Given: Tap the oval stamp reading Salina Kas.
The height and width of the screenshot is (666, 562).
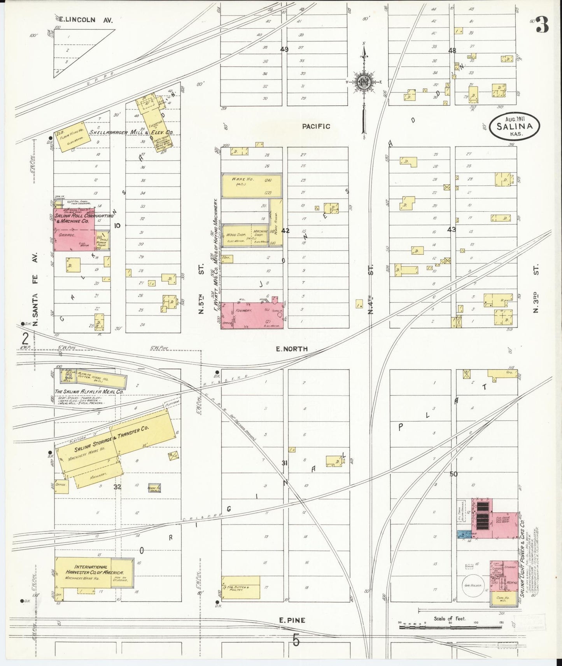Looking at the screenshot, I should pyautogui.click(x=515, y=127).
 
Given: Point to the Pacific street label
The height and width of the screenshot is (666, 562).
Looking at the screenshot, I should pyautogui.click(x=316, y=126).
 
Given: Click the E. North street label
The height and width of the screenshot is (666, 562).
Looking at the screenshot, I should pyautogui.click(x=291, y=349).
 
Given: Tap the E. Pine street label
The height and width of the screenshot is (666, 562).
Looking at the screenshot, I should pyautogui.click(x=292, y=621).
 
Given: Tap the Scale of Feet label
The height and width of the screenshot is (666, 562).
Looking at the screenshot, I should pyautogui.click(x=450, y=619).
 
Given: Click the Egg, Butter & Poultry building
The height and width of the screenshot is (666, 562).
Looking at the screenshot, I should pyautogui.click(x=240, y=587).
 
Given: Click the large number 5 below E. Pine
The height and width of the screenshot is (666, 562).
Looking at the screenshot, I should pyautogui.click(x=296, y=640).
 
